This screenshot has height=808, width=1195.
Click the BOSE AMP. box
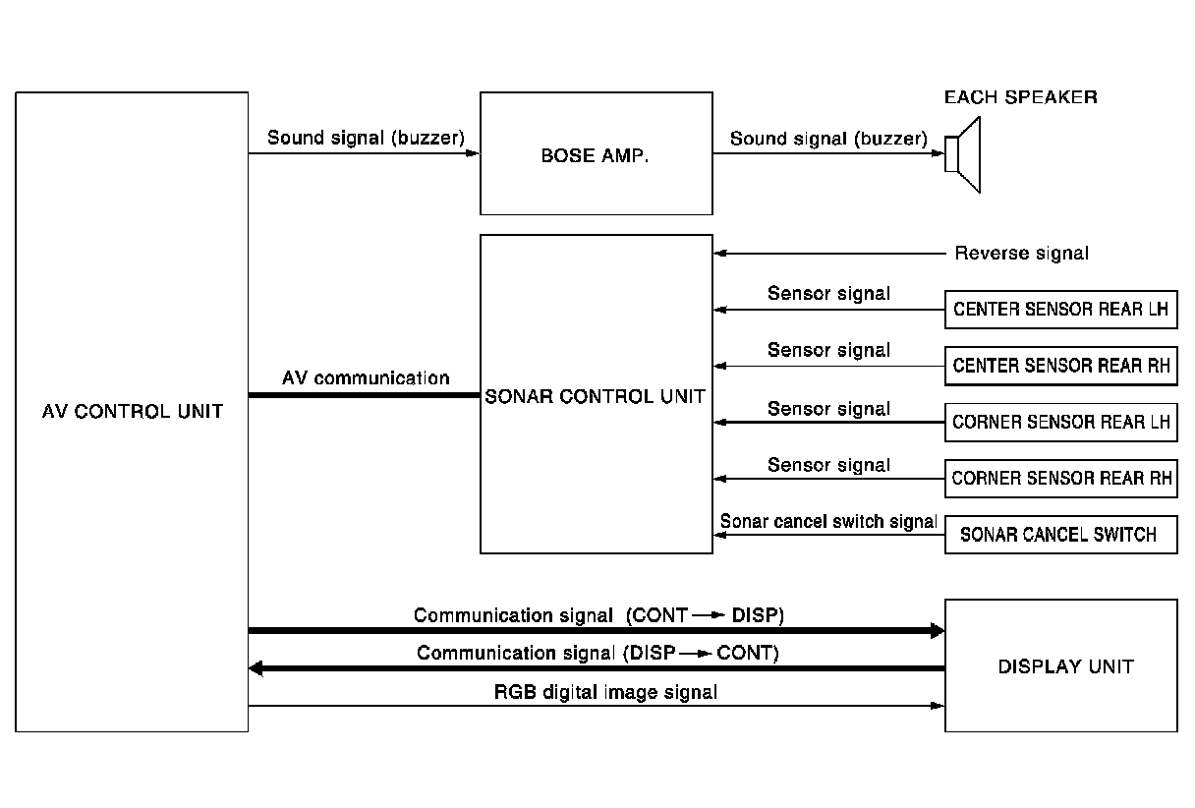[596, 154]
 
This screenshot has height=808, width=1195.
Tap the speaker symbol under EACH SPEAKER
[963, 154]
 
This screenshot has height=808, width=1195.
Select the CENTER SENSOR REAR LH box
[1060, 310]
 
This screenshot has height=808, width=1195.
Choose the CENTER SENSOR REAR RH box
[1060, 367]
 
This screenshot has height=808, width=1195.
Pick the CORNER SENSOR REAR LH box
[1060, 423]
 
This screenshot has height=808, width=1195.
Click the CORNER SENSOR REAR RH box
[1060, 479]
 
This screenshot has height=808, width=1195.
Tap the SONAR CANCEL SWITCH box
[1060, 535]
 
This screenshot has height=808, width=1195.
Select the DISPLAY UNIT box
[1060, 665]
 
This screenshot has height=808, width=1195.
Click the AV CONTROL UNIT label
[133, 411]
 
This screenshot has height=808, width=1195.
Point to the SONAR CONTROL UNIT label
[596, 397]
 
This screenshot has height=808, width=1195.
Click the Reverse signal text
[1021, 254]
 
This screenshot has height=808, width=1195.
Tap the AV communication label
[366, 378]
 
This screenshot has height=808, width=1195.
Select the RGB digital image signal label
[605, 692]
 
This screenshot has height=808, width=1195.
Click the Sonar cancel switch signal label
[828, 521]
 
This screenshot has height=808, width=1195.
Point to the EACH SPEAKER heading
[1020, 97]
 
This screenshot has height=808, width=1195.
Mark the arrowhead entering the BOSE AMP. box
[474, 153]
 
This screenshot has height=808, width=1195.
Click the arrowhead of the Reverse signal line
[720, 254]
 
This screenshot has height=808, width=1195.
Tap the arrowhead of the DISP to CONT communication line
[256, 668]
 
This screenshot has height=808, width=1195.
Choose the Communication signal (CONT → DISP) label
[598, 615]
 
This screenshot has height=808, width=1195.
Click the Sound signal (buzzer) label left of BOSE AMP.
[366, 138]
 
